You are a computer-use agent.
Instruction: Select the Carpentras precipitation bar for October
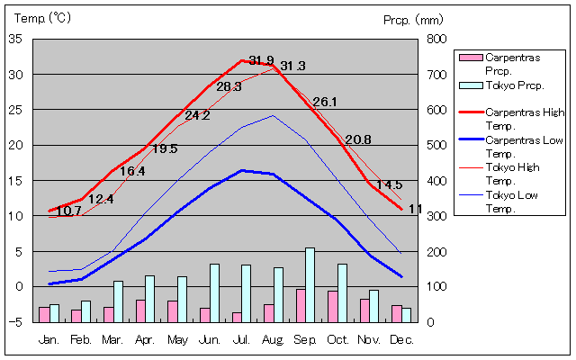[x=332, y=306]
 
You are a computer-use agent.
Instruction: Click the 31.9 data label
[x=261, y=61]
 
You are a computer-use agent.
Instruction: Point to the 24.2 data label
[x=197, y=115]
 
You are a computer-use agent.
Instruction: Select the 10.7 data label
[x=68, y=211]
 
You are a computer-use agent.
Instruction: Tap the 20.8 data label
[x=358, y=139]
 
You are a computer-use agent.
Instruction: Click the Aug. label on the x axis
[x=274, y=339]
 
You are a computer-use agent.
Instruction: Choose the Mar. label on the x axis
[x=112, y=339]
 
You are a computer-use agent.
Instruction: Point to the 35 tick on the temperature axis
[x=16, y=40]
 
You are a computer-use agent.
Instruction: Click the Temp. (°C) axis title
[x=41, y=18]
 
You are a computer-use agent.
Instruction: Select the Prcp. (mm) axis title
[x=412, y=19]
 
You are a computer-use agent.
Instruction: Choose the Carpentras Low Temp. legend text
[x=524, y=147]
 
